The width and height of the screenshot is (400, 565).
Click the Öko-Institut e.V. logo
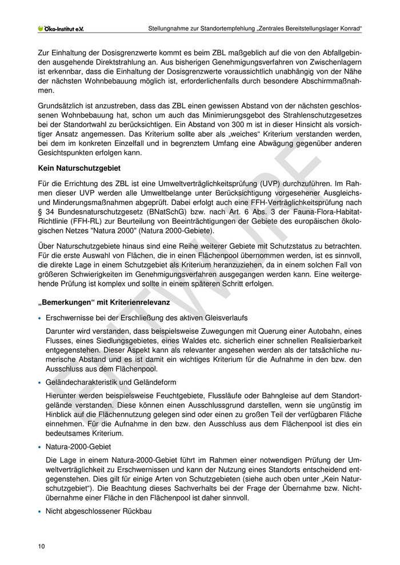tap(60, 28)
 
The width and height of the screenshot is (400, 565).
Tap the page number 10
tap(41, 546)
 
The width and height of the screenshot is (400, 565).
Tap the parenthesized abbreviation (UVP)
tap(239, 184)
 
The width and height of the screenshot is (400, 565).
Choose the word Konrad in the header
tap(349, 28)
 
